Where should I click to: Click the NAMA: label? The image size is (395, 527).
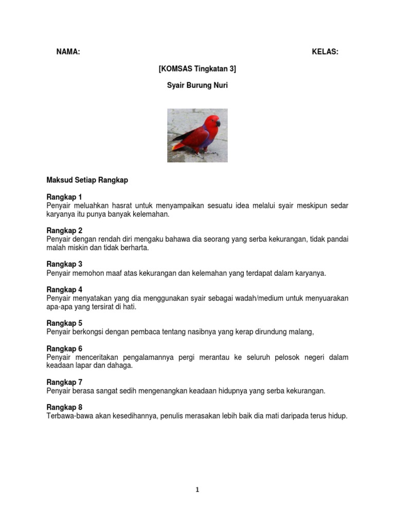pos(68,52)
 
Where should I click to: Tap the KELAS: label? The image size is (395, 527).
pos(325,52)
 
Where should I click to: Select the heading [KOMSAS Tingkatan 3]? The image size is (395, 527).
pos(197,68)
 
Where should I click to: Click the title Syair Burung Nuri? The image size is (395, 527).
pos(197,85)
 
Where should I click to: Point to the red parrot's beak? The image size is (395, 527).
pos(218,124)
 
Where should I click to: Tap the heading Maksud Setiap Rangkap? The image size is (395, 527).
pos(87,180)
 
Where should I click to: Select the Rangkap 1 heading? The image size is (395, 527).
pos(64,197)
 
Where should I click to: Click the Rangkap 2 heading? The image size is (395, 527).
pos(64,231)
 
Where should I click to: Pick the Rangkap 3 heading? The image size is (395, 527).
pos(64,264)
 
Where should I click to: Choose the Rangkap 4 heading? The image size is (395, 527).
pos(64,289)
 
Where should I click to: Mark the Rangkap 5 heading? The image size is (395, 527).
pos(64,323)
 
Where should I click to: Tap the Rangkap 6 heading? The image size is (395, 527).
pos(64,348)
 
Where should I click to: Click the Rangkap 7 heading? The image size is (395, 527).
pos(64,382)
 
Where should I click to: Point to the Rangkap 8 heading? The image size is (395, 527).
pos(64,407)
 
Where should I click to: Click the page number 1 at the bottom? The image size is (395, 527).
pos(197,490)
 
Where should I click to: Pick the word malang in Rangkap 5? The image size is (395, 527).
pos(301,332)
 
